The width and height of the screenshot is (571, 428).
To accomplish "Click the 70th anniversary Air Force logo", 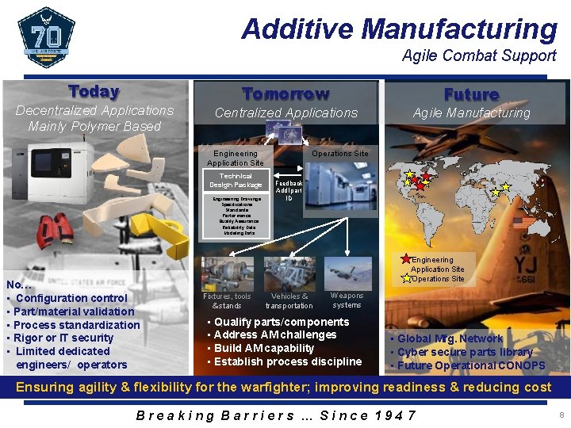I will point(45,36).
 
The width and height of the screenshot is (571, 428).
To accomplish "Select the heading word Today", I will point(94,92).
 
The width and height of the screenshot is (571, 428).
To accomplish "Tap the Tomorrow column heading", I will point(285,94).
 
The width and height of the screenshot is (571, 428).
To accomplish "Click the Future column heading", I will point(471,94).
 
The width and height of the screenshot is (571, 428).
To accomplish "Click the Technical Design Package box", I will point(236,181).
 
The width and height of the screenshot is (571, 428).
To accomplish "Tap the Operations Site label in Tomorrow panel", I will point(339,154).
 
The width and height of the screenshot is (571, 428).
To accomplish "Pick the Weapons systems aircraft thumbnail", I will point(347,273).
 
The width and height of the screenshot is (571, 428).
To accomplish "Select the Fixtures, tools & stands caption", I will point(227,301).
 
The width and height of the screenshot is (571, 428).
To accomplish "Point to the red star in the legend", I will point(406,259).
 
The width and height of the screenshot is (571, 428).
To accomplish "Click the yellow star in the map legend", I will point(406,278).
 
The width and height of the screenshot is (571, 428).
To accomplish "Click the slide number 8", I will point(561,415).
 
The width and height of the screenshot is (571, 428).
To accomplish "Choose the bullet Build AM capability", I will point(264,348).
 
